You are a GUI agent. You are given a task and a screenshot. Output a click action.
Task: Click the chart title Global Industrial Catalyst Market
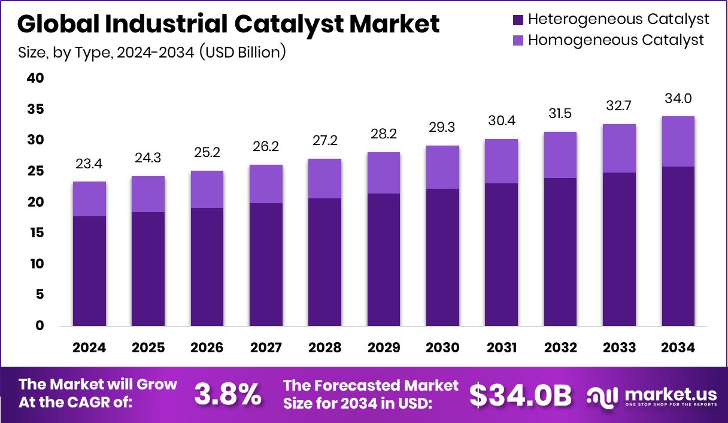pyautogui.click(x=228, y=25)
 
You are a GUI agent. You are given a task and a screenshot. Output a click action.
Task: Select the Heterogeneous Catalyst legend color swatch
pyautogui.click(x=518, y=20)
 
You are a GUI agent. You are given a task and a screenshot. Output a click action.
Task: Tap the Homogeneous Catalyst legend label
pyautogui.click(x=616, y=40)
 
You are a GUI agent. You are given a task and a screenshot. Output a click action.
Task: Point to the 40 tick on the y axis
pyautogui.click(x=35, y=78)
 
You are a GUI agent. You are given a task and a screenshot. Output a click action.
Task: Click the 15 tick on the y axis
pyautogui.click(x=35, y=233)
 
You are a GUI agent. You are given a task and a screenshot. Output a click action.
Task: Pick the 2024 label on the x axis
pyautogui.click(x=89, y=348)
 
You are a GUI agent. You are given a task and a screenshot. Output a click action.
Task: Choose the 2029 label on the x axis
pyautogui.click(x=384, y=348)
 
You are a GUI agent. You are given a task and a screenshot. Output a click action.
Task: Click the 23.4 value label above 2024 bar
pyautogui.click(x=89, y=164)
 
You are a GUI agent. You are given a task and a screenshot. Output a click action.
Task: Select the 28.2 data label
pyautogui.click(x=384, y=134)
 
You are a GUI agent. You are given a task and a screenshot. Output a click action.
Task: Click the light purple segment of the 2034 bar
pyautogui.click(x=678, y=141)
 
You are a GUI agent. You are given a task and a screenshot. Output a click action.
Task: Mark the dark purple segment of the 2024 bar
pyautogui.click(x=89, y=271)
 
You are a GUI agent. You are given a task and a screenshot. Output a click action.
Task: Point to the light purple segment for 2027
pyautogui.click(x=266, y=184)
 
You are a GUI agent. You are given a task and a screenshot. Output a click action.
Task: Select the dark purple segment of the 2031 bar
pyautogui.click(x=502, y=255)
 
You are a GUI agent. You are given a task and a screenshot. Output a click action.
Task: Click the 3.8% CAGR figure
pyautogui.click(x=227, y=394)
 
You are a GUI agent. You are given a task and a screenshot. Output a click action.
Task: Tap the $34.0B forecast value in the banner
pyautogui.click(x=520, y=394)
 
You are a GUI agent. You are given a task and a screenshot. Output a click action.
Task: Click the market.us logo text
pyautogui.click(x=670, y=394)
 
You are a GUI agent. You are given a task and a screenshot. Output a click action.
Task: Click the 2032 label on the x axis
pyautogui.click(x=560, y=348)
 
